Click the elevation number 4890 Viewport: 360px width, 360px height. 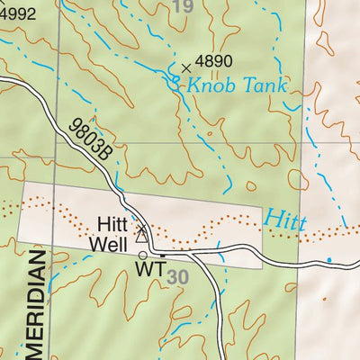[214, 62]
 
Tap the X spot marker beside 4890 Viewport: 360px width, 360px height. [186, 67]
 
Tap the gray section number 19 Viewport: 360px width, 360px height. [183, 8]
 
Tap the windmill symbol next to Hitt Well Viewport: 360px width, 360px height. [141, 236]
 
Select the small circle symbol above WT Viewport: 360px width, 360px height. [142, 256]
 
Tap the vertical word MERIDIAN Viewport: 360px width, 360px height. [36, 306]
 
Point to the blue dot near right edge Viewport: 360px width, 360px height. [328, 261]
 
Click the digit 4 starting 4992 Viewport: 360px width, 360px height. [4, 13]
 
